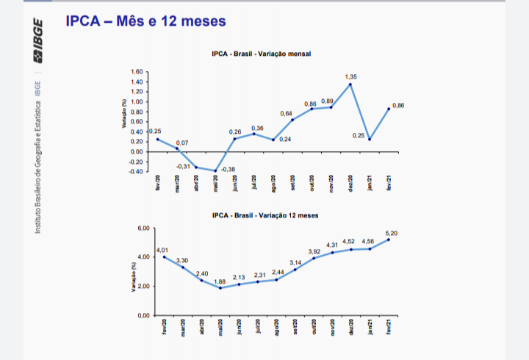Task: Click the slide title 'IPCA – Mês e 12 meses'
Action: [145, 21]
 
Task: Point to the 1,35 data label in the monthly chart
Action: [351, 76]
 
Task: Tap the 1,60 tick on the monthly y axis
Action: [137, 72]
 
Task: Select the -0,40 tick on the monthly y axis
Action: [136, 171]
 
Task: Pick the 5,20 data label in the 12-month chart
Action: [392, 233]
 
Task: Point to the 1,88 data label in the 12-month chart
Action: [220, 281]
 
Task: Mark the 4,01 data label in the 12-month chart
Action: [162, 250]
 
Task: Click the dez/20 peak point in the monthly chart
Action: [350, 84]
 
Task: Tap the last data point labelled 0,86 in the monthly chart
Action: [389, 109]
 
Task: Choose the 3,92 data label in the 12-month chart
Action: [314, 251]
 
